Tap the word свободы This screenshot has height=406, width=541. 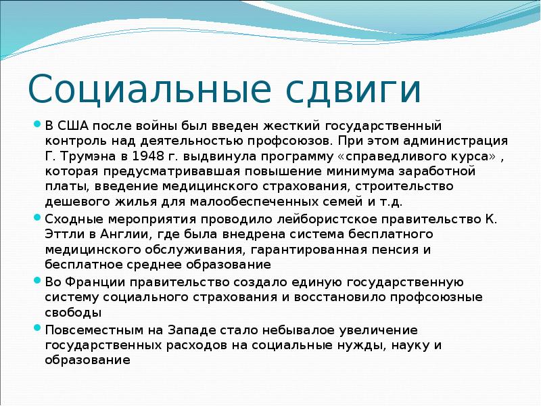pyautogui.click(x=74, y=312)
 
